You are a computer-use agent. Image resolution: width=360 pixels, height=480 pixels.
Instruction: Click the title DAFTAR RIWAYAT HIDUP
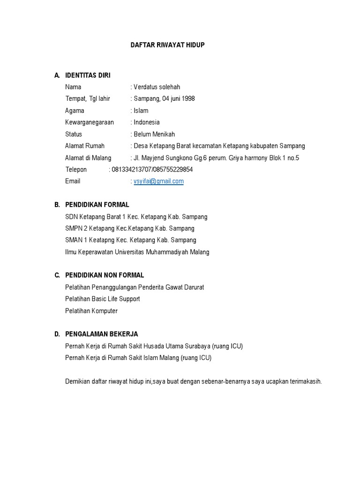(x=167, y=45)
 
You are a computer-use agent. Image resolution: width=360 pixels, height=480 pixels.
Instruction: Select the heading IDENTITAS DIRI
(x=88, y=75)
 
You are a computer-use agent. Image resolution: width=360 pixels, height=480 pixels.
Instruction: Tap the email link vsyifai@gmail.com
(x=158, y=181)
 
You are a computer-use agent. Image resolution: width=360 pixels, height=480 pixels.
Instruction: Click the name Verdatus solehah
(x=157, y=87)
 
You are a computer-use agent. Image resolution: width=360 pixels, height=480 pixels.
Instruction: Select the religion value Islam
(x=141, y=111)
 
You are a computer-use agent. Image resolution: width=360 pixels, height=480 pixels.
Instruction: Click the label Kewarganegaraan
(x=89, y=122)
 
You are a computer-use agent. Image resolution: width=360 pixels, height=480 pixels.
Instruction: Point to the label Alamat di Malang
(x=88, y=158)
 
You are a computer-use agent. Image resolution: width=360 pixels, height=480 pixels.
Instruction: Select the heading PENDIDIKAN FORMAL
(x=97, y=205)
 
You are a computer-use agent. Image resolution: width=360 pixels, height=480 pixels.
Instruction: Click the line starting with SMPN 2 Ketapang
(x=130, y=228)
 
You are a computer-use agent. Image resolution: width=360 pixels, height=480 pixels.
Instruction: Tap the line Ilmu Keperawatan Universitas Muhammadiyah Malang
(x=137, y=252)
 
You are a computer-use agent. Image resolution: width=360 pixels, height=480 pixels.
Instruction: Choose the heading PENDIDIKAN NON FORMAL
(x=105, y=275)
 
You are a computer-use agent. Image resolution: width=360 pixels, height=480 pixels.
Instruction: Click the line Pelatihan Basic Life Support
(x=102, y=299)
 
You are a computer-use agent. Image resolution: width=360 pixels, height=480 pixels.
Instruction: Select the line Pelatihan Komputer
(x=91, y=311)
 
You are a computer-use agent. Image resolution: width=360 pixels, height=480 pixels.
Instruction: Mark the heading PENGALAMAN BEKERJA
(x=101, y=334)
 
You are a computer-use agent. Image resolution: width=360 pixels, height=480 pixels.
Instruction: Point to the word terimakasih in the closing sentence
(x=304, y=382)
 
